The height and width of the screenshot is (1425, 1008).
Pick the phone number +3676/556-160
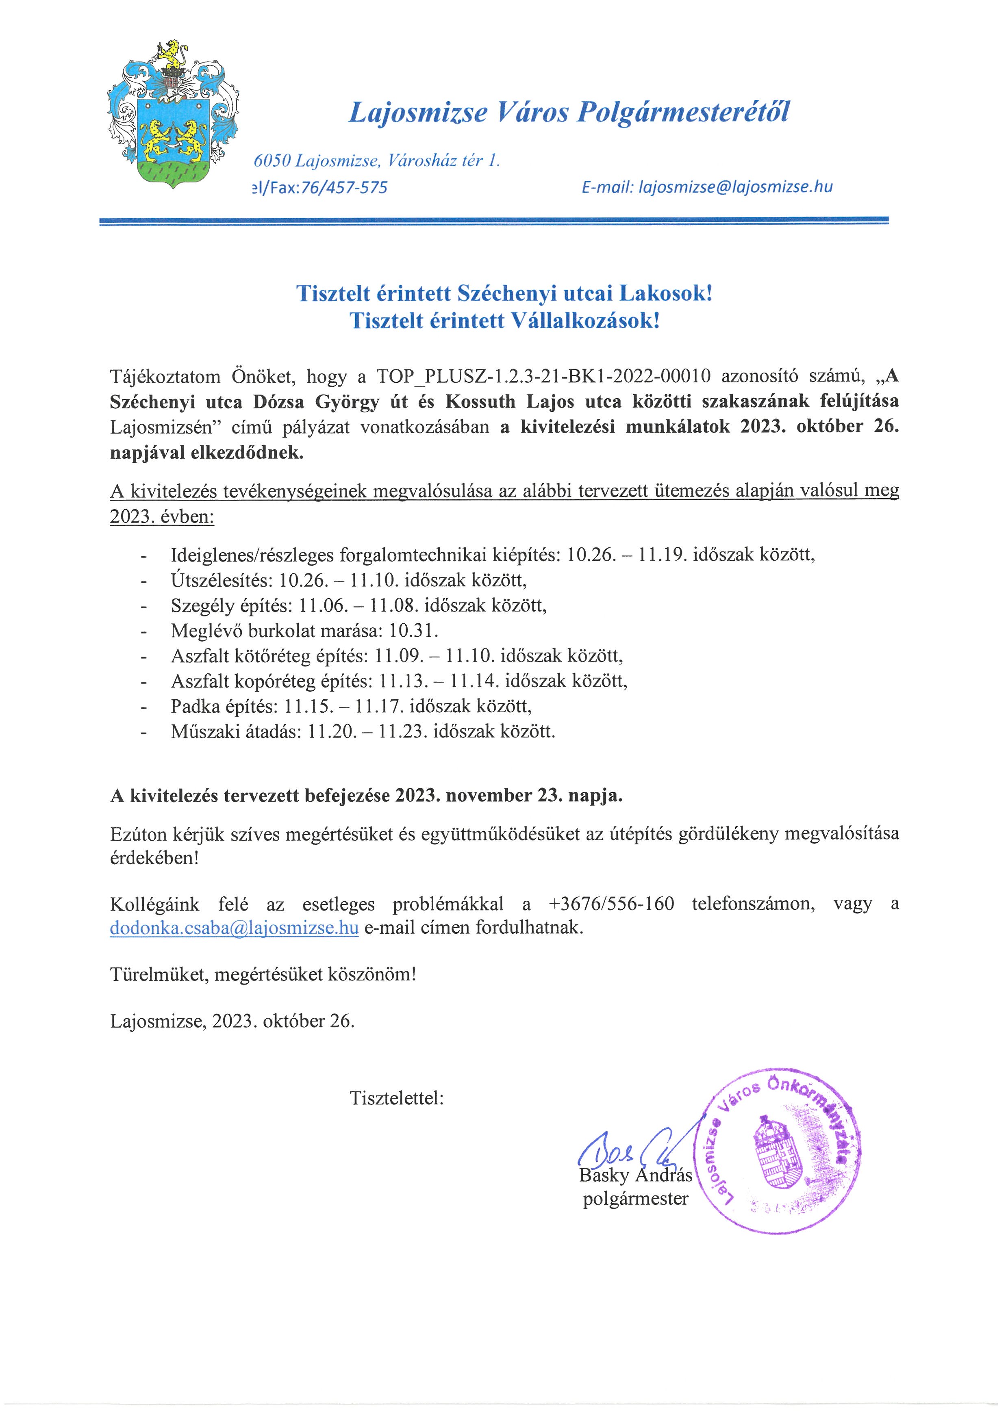coord(611,904)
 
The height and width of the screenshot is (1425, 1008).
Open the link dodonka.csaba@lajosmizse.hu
coord(234,928)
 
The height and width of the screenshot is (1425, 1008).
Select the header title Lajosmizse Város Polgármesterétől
coord(569,112)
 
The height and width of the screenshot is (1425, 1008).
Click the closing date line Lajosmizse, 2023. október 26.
coord(232,1021)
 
